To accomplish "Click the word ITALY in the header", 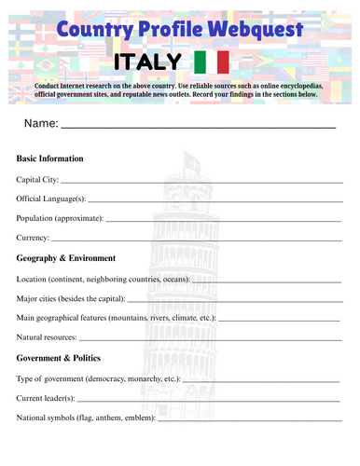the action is point(146,62).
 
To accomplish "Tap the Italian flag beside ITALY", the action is point(212,62).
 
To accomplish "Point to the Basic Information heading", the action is point(50,158).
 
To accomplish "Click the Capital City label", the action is point(37,179).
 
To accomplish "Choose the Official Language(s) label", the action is point(51,199).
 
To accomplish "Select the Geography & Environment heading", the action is point(66,258).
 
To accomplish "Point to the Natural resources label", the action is point(48,337).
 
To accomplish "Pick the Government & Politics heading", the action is point(59,358).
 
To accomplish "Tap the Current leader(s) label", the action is point(47,399).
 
